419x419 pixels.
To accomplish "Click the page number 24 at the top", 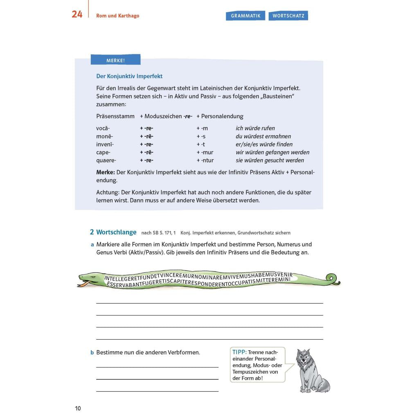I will tap(77, 14).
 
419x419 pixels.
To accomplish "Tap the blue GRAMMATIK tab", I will tap(246, 16).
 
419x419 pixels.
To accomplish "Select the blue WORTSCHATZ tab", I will tap(288, 16).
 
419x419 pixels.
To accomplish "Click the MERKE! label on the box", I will tap(115, 60).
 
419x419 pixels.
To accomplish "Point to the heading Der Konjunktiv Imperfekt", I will tap(129, 76).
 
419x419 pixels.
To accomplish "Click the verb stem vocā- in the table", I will tap(103, 128).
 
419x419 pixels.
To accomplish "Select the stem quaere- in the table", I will tap(106, 160).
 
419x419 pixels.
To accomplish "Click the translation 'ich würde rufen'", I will tap(255, 128).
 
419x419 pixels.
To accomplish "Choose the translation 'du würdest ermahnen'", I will tap(263, 136).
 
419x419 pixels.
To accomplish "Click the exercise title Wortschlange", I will tap(116, 232).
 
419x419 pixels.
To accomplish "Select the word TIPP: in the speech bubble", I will tap(239, 352).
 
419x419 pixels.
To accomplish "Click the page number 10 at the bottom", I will tap(78, 408).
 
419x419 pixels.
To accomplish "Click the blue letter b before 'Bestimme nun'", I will tap(92, 352).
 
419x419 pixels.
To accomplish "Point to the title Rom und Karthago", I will tap(117, 16).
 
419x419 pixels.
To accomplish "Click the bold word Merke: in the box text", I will tap(105, 172).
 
